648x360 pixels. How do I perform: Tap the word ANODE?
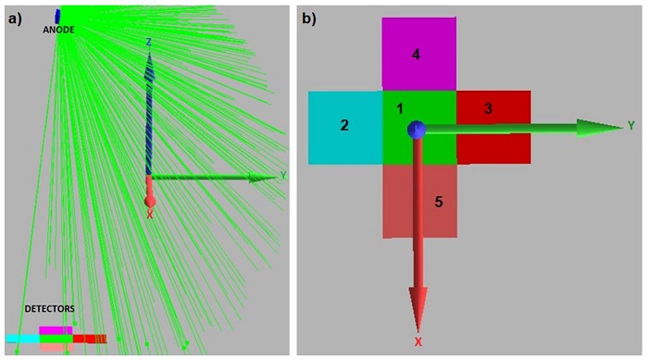pyautogui.click(x=58, y=30)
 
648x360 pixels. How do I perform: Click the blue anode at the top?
pyautogui.click(x=57, y=16)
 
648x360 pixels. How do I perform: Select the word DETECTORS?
pyautogui.click(x=50, y=308)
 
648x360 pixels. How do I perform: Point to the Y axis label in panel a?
pyautogui.click(x=283, y=175)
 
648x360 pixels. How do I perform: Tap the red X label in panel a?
pyautogui.click(x=150, y=215)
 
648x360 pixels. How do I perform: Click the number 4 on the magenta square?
pyautogui.click(x=417, y=55)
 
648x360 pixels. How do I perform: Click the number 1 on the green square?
pyautogui.click(x=400, y=108)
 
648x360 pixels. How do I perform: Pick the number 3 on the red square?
pyautogui.click(x=488, y=109)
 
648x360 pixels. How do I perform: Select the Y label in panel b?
pyautogui.click(x=630, y=125)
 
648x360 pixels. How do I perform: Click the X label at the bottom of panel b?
pyautogui.click(x=418, y=341)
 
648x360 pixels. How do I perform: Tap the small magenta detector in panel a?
pyautogui.click(x=55, y=329)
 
